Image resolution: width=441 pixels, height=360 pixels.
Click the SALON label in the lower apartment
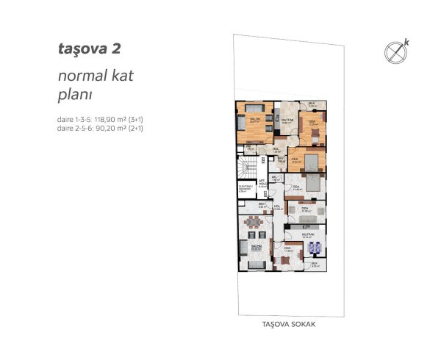pyautogui.click(x=256, y=246)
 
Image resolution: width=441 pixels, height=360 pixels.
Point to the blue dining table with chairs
pyautogui.click(x=315, y=247)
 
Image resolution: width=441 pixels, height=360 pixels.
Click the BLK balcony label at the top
pyautogui.click(x=312, y=104)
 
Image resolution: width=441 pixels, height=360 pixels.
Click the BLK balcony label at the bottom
pyautogui.click(x=313, y=263)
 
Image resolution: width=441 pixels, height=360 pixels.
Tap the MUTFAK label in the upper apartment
pyautogui.click(x=289, y=120)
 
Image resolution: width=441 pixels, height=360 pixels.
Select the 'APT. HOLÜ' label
pyautogui.click(x=262, y=184)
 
